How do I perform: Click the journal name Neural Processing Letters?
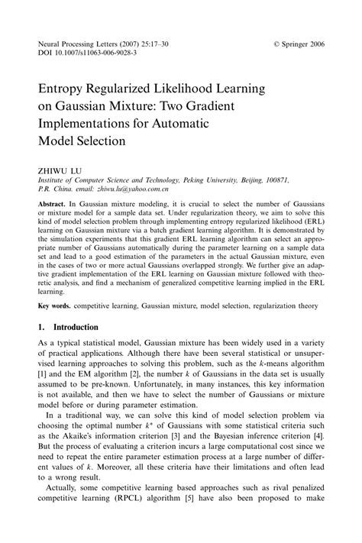pyautogui.click(x=73, y=45)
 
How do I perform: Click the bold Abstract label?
pyautogui.click(x=55, y=207)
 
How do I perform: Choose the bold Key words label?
pyautogui.click(x=58, y=304)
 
